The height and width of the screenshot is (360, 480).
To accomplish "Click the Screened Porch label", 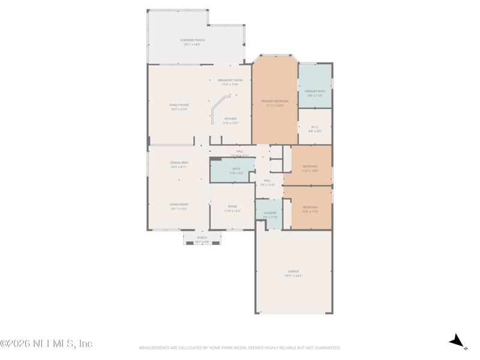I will click(x=192, y=42).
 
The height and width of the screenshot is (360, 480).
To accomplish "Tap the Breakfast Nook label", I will click(x=230, y=82).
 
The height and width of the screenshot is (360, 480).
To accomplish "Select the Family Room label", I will click(x=179, y=107).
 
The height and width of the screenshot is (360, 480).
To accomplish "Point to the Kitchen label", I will click(x=230, y=121).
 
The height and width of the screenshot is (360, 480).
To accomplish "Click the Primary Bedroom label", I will click(x=275, y=103).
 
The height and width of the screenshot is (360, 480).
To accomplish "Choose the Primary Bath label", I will click(x=315, y=93).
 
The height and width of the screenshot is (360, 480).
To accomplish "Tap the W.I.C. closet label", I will click(x=315, y=128).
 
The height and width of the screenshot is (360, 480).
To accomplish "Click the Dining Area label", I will click(x=179, y=164).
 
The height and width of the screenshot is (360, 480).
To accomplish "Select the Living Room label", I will click(x=179, y=206).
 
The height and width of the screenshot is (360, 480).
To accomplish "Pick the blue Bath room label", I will click(x=236, y=170).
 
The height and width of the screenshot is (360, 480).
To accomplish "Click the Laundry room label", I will click(x=270, y=215).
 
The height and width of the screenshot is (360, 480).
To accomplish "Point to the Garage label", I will click(x=293, y=273).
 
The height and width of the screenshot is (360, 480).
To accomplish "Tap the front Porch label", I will click(x=202, y=239).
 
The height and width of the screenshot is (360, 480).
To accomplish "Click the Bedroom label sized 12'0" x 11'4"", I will click(x=310, y=209).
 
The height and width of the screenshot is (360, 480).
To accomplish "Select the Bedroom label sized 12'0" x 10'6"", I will click(x=310, y=168).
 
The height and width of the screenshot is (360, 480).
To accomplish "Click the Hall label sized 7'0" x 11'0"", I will click(x=267, y=182).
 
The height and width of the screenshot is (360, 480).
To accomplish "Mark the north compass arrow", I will click(x=458, y=341).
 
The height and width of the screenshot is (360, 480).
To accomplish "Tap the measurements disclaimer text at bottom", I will click(x=240, y=347).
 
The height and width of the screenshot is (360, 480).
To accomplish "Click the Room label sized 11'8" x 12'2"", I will click(x=232, y=208).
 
